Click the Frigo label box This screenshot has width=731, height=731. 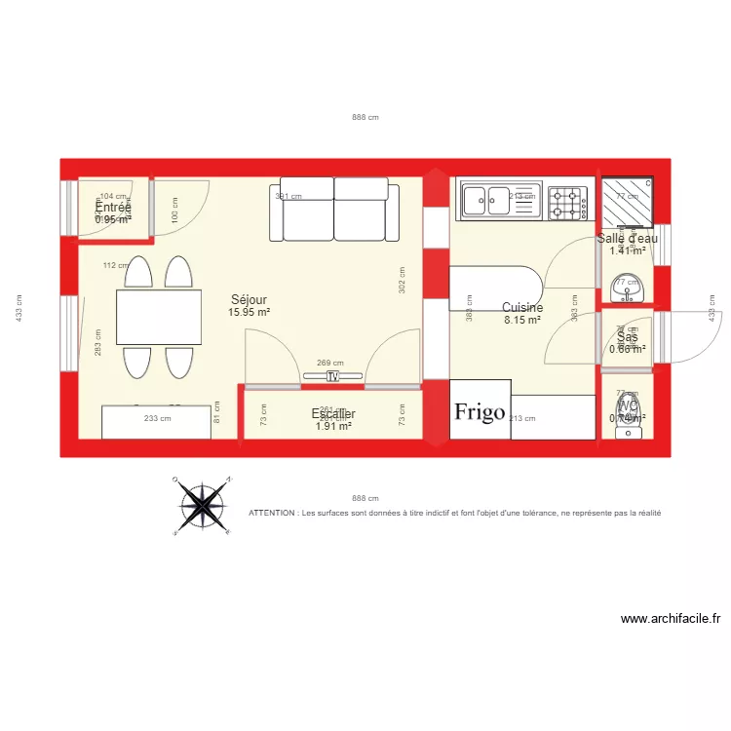481,410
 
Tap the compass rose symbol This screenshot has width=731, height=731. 202,505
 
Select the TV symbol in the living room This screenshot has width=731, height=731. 332,376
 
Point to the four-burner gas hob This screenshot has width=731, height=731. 567,202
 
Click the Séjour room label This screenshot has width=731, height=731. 250,300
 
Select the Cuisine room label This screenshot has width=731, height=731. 522,307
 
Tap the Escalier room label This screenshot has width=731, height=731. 333,414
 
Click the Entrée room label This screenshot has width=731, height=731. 113,207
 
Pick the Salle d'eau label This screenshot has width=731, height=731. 628,238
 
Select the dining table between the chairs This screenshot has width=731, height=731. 160,317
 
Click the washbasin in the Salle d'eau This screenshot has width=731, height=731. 625,289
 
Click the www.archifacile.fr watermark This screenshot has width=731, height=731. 670,619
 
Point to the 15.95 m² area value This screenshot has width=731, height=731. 250,313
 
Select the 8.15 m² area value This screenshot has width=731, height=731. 522,320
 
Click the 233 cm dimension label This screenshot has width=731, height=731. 158,419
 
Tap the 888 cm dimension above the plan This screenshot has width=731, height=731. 365,117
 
